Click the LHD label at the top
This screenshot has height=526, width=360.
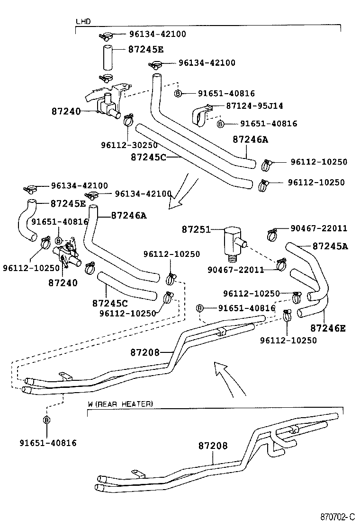83,22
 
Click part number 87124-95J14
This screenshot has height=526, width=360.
254,106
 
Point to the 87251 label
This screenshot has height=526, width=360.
196,229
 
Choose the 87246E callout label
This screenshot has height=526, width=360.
328,327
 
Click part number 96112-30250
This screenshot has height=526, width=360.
129,145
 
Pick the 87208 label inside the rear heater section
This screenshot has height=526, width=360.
213,446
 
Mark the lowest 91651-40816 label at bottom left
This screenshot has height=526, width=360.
48,443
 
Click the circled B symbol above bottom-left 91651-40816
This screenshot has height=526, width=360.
47,420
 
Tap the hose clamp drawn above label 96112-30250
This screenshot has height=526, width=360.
128,121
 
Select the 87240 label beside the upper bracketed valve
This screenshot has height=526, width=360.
66,112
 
